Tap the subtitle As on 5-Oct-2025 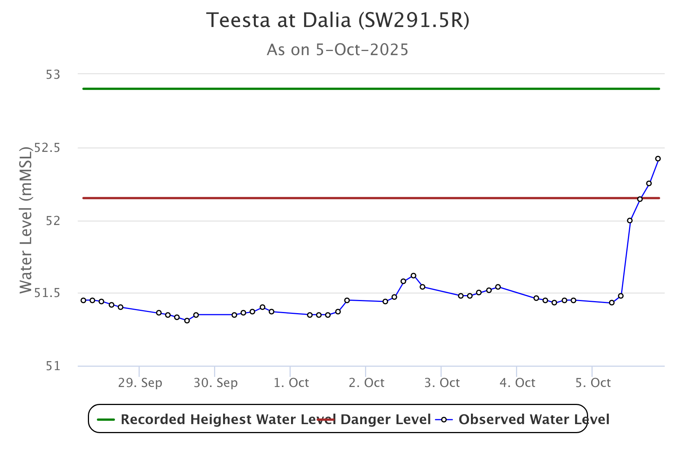[x=338, y=50]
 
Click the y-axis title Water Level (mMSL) [x=26, y=220]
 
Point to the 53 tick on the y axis [x=53, y=75]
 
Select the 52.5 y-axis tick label [x=47, y=148]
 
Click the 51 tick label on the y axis [x=53, y=366]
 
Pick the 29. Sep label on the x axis [x=140, y=383]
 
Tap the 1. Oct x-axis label [x=291, y=383]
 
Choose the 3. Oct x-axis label [x=442, y=383]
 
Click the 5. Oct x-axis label [x=593, y=383]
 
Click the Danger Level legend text [x=385, y=419]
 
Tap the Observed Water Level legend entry [x=534, y=419]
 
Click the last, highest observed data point [x=658, y=159]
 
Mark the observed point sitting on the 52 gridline [x=630, y=220]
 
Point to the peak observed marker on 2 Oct [x=413, y=276]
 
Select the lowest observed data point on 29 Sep [x=187, y=321]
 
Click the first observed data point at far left [x=83, y=300]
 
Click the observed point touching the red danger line [x=640, y=199]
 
